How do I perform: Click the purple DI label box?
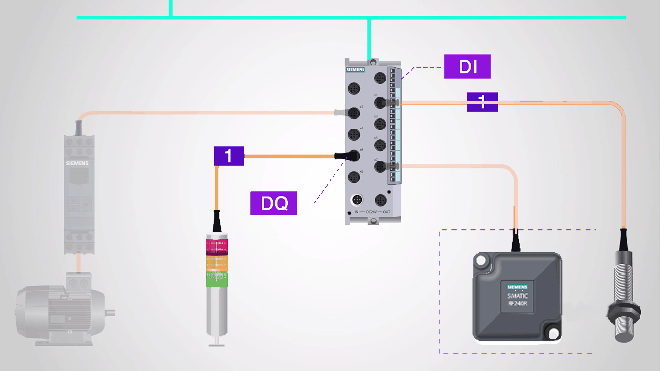[x=467, y=66]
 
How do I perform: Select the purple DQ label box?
[x=274, y=203]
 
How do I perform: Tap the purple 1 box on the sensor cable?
[x=482, y=101]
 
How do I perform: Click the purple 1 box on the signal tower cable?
[x=229, y=156]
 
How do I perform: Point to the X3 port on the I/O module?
[x=380, y=124]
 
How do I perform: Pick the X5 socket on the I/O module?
[x=380, y=145]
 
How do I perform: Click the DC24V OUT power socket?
[x=380, y=199]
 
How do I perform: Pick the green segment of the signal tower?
[x=216, y=279]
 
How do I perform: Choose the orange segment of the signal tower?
[x=216, y=263]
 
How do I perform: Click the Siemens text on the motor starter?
[x=78, y=163]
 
